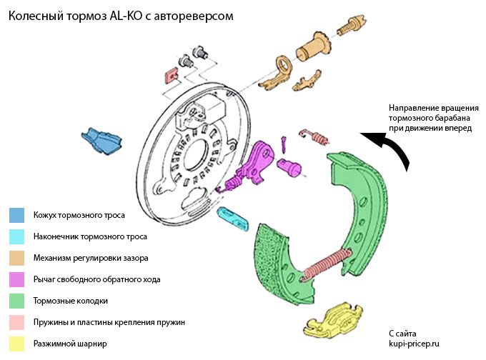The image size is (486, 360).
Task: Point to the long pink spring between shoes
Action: tap(325, 264)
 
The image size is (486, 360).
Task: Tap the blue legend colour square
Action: tap(17, 215)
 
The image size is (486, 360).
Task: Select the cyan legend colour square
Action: tap(17, 236)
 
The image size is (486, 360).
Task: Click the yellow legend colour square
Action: tap(17, 344)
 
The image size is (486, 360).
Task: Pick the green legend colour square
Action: tap(17, 301)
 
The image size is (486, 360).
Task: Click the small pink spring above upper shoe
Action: tap(314, 133)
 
